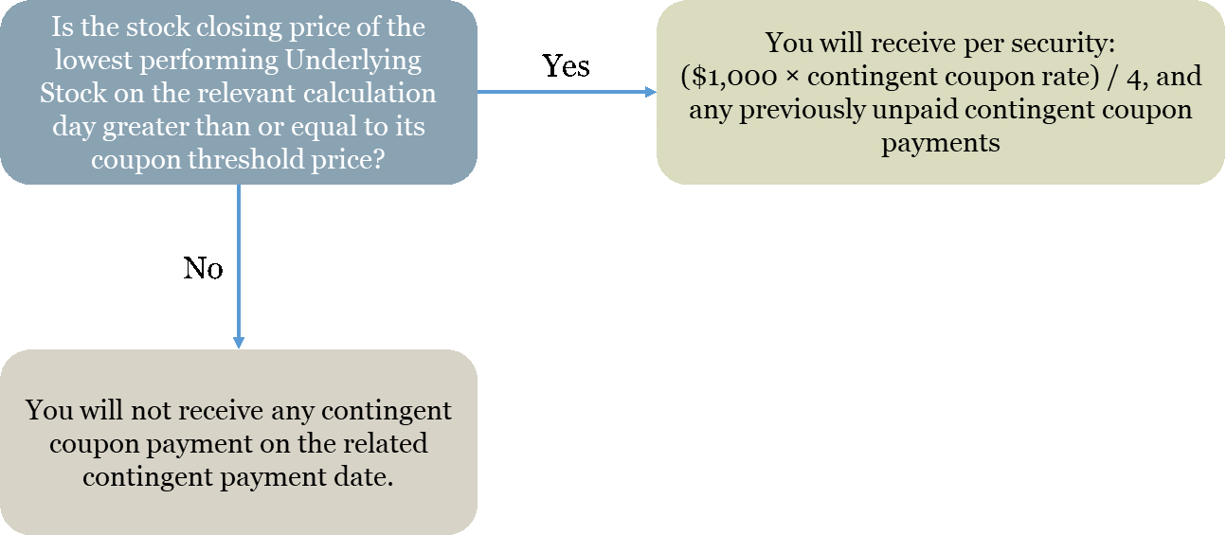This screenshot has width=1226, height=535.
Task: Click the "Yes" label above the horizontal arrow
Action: tap(566, 65)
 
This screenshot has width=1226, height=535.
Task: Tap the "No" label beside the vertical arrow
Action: tap(203, 268)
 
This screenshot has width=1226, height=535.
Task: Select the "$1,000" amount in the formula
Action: tap(734, 77)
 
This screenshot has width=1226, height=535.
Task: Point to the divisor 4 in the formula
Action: tap(1133, 77)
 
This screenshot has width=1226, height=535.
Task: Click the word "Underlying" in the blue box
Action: tap(353, 62)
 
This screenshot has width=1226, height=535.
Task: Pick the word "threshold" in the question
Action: tap(246, 159)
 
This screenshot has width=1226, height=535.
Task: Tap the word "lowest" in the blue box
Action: tap(94, 61)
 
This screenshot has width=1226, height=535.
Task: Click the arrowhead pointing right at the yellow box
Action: tap(651, 92)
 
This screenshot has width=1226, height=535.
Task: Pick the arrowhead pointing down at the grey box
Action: tap(239, 343)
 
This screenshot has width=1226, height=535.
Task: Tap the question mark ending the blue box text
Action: tap(378, 159)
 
